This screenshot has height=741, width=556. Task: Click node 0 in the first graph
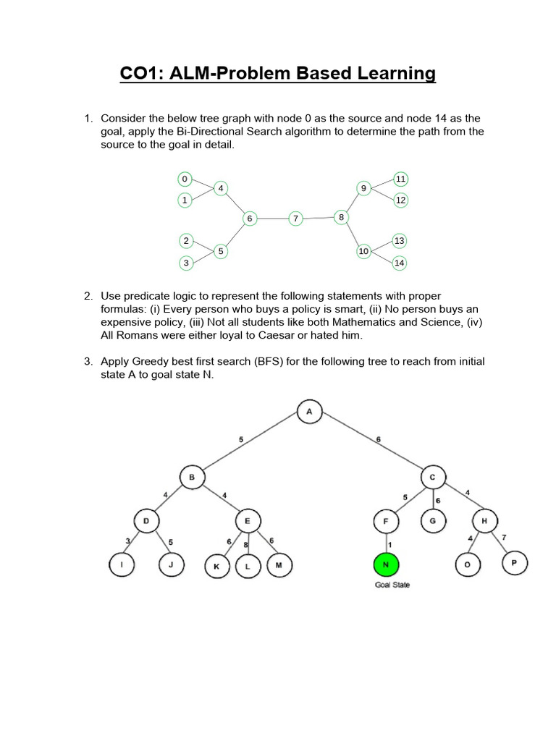point(185,179)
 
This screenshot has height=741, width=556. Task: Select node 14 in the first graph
point(400,263)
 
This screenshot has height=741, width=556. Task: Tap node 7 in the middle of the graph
point(295,218)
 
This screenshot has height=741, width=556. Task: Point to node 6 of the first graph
point(249,218)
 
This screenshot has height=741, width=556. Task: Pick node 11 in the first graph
point(400,178)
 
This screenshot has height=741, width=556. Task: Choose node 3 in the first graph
point(186,263)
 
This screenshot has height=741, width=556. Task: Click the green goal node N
point(386,565)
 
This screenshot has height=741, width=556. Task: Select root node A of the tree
point(309,412)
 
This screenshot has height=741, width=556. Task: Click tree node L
point(247,567)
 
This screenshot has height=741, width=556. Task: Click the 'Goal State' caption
point(392,585)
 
